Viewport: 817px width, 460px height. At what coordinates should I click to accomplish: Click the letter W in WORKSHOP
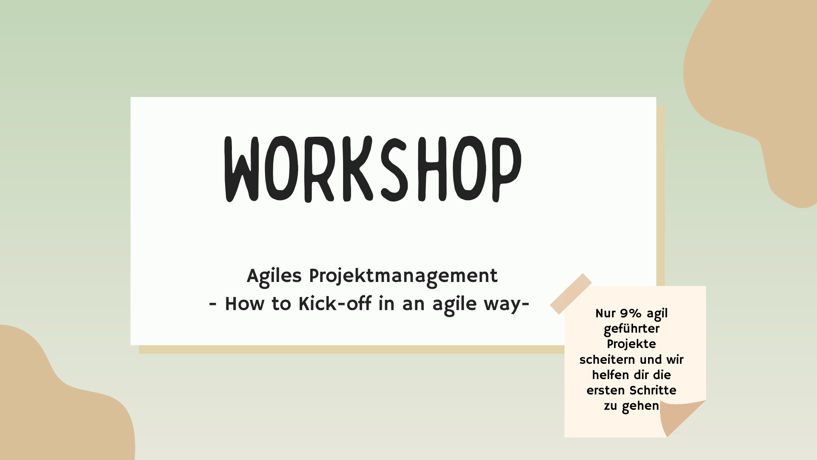[242, 169]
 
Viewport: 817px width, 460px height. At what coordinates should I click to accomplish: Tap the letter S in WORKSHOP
[394, 169]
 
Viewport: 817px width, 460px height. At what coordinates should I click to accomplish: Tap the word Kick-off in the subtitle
[334, 304]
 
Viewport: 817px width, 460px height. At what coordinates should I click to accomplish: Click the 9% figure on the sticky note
[631, 313]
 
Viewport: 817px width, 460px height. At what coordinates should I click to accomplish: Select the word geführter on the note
[631, 329]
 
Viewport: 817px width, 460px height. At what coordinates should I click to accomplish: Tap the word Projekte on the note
[631, 344]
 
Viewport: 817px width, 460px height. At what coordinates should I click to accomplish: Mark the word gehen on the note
[640, 406]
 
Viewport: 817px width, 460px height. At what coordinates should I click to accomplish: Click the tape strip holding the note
[571, 294]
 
